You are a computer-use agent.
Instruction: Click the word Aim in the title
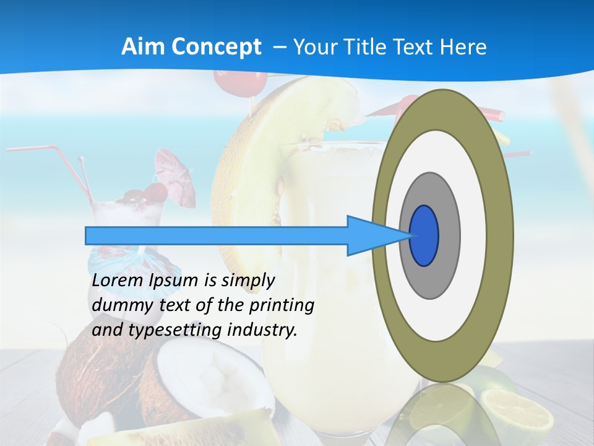(x=144, y=46)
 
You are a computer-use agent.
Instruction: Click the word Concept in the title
(x=215, y=46)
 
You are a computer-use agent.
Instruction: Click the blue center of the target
(x=424, y=236)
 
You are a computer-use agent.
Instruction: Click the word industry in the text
(x=262, y=330)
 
